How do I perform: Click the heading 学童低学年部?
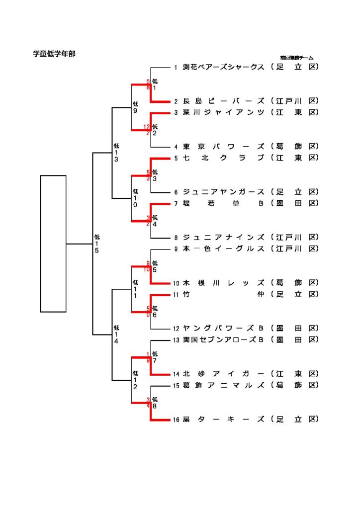tap(54, 54)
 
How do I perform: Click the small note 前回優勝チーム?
tap(296, 58)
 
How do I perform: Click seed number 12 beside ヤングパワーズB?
tap(176, 329)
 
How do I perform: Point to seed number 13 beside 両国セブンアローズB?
tap(176, 340)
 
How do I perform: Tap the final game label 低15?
tap(97, 244)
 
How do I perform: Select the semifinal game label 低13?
tap(116, 153)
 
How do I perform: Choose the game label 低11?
tap(135, 289)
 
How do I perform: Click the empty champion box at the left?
tap(53, 244)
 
